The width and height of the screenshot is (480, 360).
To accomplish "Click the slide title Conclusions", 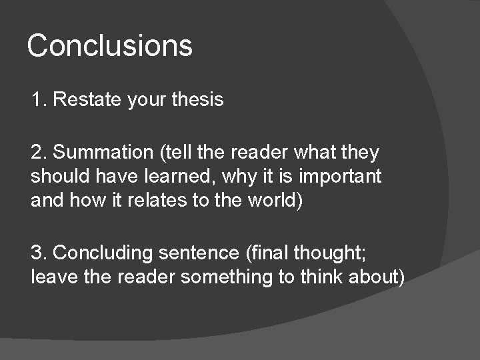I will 109,46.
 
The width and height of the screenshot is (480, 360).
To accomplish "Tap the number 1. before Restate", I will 39,100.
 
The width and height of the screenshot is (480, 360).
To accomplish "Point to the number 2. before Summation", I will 39,153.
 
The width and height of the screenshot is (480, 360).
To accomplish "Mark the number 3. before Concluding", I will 39,253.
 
